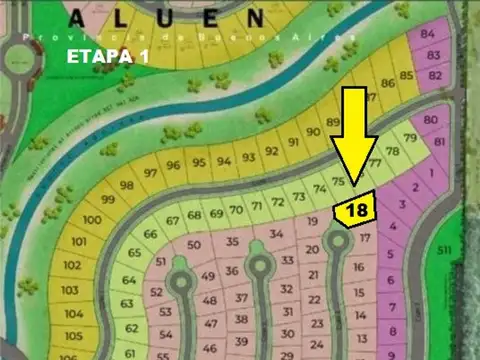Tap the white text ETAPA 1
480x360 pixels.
pos(107,56)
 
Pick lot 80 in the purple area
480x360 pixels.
pos(431,121)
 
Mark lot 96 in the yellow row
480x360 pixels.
pos(174,165)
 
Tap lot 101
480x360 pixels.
pos(79,243)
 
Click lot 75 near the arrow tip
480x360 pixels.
pos(338,181)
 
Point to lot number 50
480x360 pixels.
pos(193,245)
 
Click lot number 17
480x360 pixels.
pos(365,238)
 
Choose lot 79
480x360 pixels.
pos(409,138)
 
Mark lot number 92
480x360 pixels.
pos(270,152)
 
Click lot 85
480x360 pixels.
pos(406,75)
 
